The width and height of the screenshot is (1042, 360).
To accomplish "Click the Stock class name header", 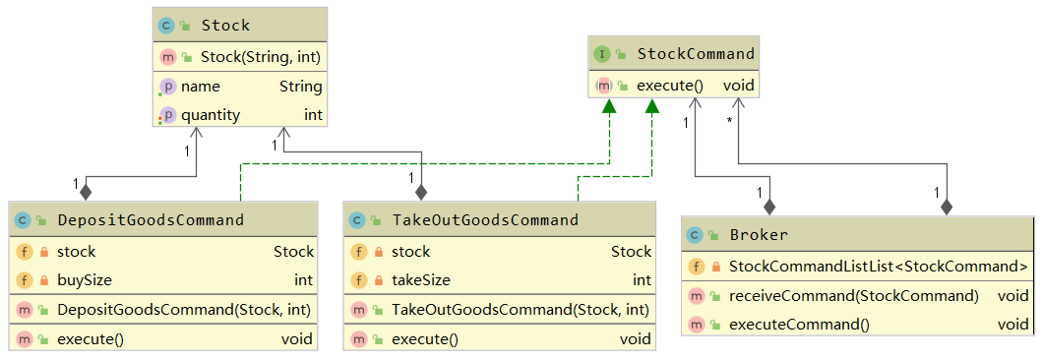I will (225, 25).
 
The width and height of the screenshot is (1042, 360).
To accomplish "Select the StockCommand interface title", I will (695, 54).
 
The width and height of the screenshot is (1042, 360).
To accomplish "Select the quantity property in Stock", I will (210, 115).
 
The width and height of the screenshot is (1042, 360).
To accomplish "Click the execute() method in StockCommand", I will (669, 86).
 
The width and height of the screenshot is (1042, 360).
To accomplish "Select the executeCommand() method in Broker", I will (799, 324).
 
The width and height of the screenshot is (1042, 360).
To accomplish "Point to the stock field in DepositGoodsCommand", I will (77, 252).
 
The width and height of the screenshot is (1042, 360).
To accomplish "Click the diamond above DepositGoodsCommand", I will (86, 191).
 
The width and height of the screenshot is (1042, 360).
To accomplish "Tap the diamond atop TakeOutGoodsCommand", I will (421, 191).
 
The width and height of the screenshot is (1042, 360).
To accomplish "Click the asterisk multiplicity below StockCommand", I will (729, 121).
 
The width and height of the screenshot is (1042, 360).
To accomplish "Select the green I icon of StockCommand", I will (602, 54).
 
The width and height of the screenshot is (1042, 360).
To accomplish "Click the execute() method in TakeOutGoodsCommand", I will (424, 339).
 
